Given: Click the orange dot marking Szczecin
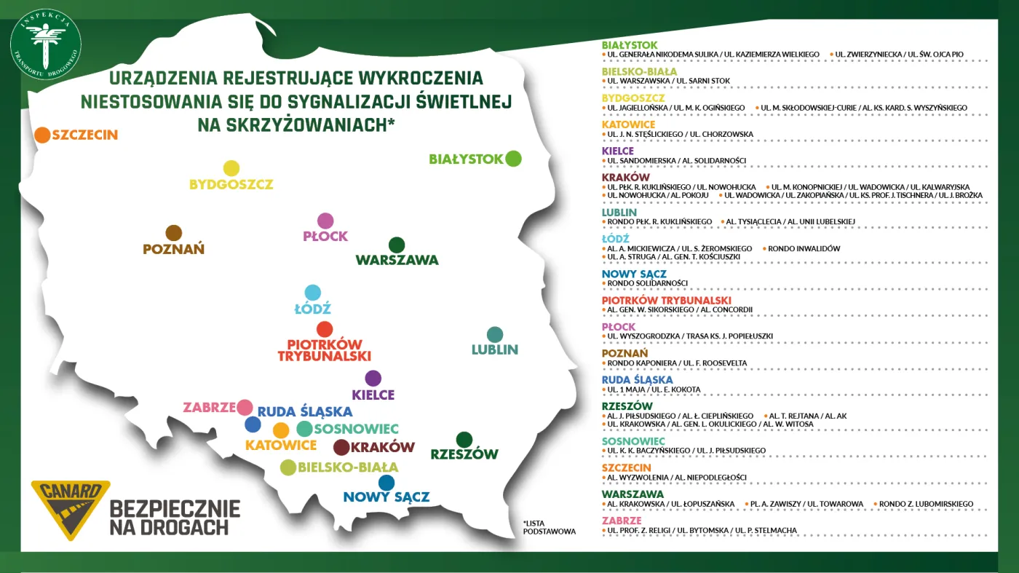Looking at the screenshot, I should coord(42,135).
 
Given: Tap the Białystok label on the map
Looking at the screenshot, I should coord(466,159).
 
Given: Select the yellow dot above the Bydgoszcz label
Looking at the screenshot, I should coord(231,168).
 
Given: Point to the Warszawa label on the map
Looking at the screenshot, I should coord(397,260).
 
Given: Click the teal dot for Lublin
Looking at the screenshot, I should coord(495,334).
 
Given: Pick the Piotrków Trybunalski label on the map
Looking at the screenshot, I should coord(325,350).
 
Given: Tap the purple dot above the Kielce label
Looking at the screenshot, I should coord(373,379).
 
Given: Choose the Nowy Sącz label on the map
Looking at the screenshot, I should coord(386,497).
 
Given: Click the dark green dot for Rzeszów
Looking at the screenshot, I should coord(464,440).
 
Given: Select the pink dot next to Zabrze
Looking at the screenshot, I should coord(245,408).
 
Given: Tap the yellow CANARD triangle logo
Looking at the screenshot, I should coord(71,509).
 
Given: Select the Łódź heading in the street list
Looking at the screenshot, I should coord(616,239).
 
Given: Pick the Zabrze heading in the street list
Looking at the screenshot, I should coord(622,521).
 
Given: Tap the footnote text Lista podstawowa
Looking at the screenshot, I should coord(549,527).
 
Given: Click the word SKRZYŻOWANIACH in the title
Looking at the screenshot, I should coord(295,125).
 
